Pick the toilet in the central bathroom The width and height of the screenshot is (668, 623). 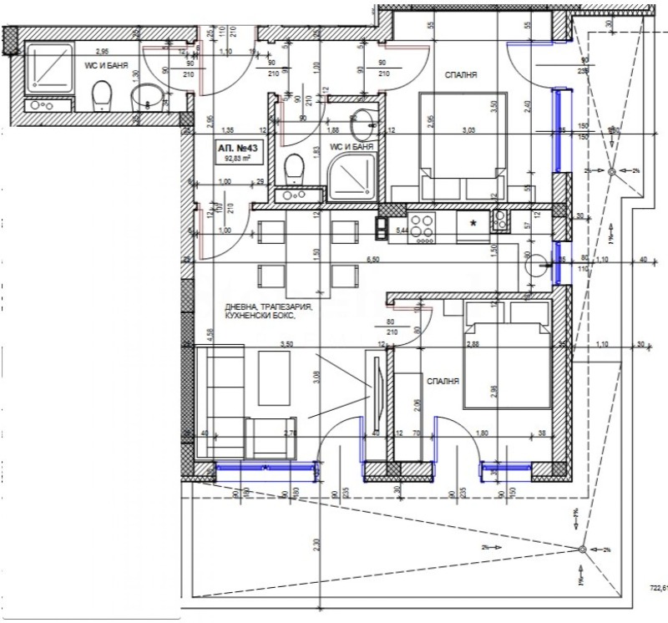[x=294, y=170]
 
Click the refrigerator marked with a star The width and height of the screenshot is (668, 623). [x=473, y=224]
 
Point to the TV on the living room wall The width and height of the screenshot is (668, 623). [x=377, y=382]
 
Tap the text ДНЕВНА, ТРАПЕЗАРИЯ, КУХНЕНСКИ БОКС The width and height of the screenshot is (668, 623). [x=266, y=313]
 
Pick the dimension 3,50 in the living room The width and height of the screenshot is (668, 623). [x=287, y=343]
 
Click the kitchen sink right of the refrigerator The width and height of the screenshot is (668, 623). [x=500, y=221]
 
